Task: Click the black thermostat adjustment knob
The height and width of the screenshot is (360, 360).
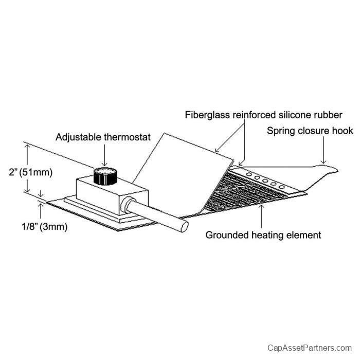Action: coord(105,176)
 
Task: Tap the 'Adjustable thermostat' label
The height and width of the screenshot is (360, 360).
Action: coord(103,137)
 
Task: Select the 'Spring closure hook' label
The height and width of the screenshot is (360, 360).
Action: coord(310,131)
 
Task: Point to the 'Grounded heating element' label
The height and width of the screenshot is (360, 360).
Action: coord(263,235)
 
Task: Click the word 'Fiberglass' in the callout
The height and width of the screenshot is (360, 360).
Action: coord(207,115)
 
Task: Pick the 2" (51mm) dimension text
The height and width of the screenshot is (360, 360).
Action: coord(30,172)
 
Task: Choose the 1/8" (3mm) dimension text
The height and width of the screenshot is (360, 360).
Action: coord(45,227)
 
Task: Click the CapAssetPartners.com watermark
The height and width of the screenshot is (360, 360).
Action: coord(310,348)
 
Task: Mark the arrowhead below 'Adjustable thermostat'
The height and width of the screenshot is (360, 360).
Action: coord(104,164)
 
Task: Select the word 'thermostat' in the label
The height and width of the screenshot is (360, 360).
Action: coord(128,137)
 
